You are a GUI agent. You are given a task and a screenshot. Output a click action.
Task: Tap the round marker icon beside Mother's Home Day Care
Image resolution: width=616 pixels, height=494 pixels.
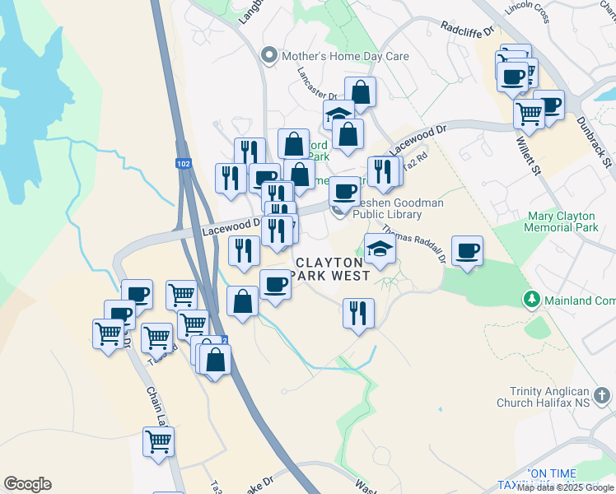click(x=268, y=57)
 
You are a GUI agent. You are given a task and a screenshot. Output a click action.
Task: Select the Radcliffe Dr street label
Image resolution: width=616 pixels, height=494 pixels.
click(x=466, y=29)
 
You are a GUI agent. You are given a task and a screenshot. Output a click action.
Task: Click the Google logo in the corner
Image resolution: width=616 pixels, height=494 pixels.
click(x=27, y=484)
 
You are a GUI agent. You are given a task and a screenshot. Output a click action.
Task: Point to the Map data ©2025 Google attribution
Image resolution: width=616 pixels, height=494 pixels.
click(x=565, y=487)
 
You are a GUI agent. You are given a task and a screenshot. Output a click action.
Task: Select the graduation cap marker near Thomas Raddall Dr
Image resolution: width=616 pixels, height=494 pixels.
click(x=380, y=249)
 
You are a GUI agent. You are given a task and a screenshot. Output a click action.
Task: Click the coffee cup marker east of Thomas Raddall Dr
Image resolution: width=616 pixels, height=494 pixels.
click(x=467, y=250)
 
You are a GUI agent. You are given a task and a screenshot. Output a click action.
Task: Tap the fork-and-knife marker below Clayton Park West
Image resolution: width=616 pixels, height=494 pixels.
click(x=357, y=313)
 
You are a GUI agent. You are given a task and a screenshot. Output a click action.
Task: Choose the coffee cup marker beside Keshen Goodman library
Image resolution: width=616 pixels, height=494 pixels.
click(x=345, y=192)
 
